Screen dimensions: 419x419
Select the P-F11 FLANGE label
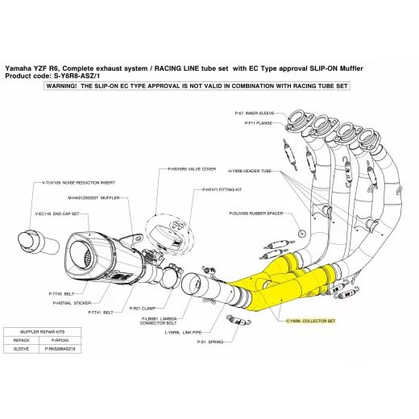coord(258,123)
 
